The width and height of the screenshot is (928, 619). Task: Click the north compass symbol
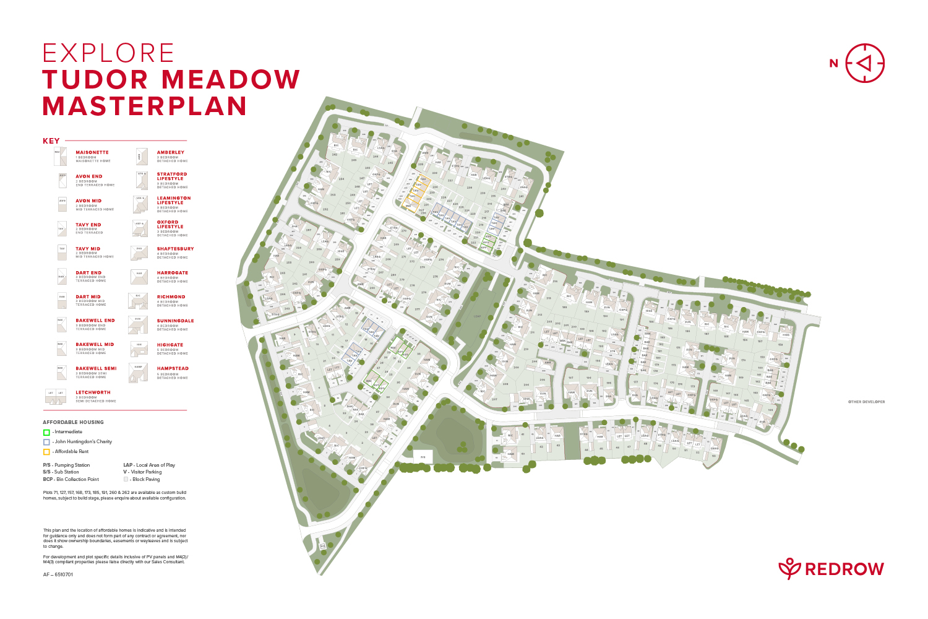[865, 63]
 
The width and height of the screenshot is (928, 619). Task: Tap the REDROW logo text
[844, 569]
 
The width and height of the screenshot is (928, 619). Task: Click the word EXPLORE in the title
[108, 53]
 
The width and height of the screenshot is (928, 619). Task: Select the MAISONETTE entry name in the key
[92, 152]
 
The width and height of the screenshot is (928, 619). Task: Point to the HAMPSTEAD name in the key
[173, 368]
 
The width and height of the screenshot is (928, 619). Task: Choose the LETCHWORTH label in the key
[93, 392]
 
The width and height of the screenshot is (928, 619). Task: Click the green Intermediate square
[46, 432]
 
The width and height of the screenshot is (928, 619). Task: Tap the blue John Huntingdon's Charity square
[46, 442]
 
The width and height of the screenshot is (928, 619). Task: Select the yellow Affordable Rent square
[46, 452]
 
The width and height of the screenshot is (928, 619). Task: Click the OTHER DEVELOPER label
[866, 402]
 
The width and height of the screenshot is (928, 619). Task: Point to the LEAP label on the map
[477, 316]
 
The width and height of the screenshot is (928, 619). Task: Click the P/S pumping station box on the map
[423, 457]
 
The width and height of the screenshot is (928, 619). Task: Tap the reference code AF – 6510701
[58, 574]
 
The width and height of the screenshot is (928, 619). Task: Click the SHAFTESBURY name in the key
[175, 249]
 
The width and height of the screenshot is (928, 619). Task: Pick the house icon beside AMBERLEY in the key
[142, 157]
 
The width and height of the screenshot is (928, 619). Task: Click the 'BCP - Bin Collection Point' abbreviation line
[71, 479]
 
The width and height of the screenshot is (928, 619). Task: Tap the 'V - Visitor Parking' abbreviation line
[142, 472]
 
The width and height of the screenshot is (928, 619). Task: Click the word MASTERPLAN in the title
[145, 106]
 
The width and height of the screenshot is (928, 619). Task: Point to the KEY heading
[51, 141]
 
